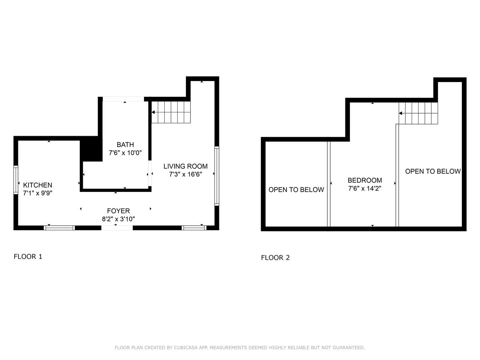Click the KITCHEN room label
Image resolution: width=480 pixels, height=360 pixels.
pos(37,185)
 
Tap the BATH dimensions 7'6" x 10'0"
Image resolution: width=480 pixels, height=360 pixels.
pos(125,153)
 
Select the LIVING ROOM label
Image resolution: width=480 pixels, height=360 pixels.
pos(186,166)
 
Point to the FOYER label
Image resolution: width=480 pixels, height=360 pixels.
pos(118,211)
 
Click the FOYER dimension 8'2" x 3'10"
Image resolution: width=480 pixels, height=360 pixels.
pos(118,219)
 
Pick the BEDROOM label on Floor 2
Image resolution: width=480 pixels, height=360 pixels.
pos(365,180)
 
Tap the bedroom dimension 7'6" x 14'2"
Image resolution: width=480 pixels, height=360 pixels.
pos(365,188)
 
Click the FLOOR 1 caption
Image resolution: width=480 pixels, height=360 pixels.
pos(28,256)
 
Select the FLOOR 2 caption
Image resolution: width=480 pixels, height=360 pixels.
pos(275,258)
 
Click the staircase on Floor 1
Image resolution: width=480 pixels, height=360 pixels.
pos(171,112)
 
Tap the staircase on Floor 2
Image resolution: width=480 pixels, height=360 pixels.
pos(418,113)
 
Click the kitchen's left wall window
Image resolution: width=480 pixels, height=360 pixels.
pos(16,180)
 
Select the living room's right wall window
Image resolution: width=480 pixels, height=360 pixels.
pos(217,176)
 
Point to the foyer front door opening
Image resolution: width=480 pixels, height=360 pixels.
pos(117,228)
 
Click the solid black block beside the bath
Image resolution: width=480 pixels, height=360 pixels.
pos(91,149)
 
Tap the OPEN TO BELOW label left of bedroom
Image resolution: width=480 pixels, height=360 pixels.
pos(296,190)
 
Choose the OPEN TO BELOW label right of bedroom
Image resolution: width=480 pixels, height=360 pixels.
pos(433,171)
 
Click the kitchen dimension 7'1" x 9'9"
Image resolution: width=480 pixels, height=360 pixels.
pos(37,193)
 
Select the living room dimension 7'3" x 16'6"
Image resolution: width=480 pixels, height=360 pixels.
pos(186,174)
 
